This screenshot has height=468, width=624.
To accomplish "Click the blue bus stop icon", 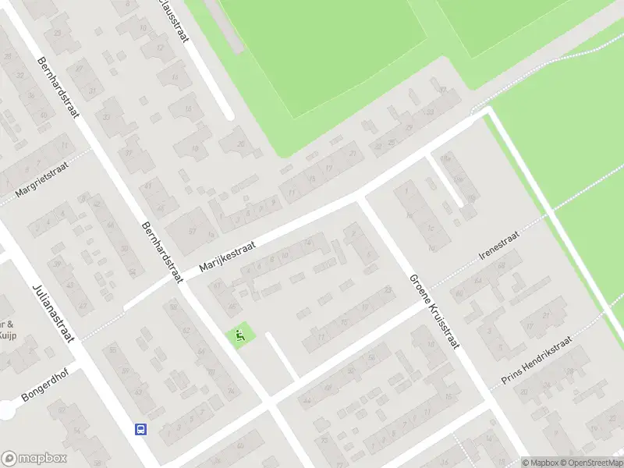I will [x=141, y=430].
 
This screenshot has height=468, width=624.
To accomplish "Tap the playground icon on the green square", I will [x=240, y=336].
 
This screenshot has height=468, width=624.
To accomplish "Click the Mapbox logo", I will [x=34, y=459].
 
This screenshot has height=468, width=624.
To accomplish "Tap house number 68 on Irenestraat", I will [x=502, y=268].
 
